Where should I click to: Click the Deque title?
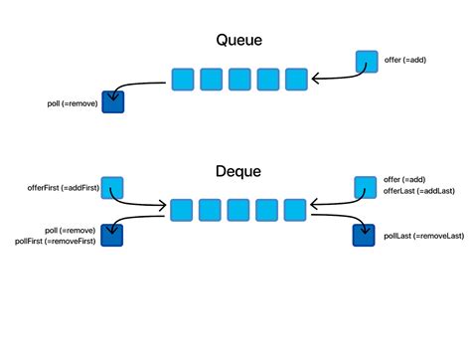tap(238, 171)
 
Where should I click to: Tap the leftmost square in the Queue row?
tap(182, 79)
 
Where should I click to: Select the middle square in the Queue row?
tap(238, 79)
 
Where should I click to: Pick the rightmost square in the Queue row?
tap(296, 79)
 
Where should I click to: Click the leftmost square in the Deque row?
tap(181, 210)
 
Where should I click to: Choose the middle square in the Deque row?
tap(237, 210)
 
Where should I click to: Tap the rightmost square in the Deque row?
tap(295, 210)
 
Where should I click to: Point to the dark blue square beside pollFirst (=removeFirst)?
tap(111, 235)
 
